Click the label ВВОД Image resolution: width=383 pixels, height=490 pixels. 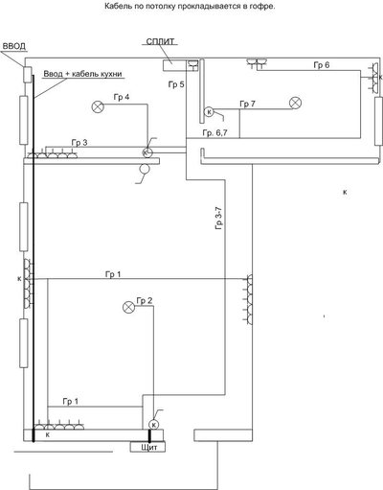click(14, 46)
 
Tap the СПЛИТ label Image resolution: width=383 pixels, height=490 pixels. click(160, 42)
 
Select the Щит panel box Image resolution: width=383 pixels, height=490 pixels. click(147, 447)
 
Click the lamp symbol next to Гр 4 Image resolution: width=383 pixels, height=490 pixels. click(98, 106)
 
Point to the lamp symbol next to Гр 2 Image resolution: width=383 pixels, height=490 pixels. click(129, 308)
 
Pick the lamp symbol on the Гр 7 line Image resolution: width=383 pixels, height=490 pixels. click(295, 103)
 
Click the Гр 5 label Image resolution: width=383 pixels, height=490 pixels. click(176, 84)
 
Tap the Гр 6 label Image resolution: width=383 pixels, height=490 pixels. click(322, 65)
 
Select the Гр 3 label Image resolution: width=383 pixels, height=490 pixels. click(79, 143)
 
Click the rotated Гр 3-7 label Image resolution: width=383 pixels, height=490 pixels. click(219, 219)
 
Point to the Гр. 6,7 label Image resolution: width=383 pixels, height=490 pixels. click(214, 132)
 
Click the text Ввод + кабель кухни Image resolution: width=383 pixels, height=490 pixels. click(82, 74)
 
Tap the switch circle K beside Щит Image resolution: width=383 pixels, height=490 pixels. click(154, 425)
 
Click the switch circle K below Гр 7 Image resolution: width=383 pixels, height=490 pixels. click(209, 112)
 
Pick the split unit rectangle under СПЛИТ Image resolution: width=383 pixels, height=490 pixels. click(174, 65)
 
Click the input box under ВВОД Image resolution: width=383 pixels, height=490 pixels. click(27, 75)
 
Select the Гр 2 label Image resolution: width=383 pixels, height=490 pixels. click(145, 301)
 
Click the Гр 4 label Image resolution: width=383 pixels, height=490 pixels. click(122, 97)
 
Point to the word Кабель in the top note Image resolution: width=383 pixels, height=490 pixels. click(116, 6)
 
